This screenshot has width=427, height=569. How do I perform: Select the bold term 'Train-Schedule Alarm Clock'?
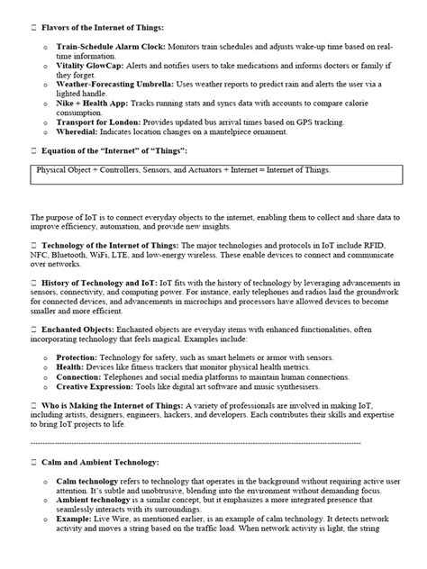coord(106,44)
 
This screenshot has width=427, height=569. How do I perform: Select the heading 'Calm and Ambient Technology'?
coord(100,463)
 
